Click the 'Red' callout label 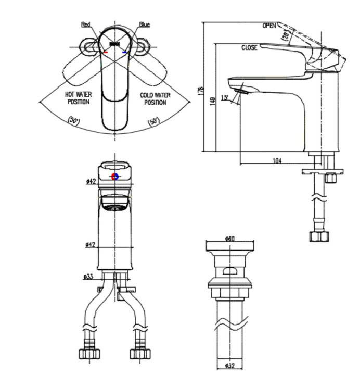click(x=85, y=24)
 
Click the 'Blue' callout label click(x=145, y=24)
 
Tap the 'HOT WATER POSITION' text click(x=79, y=98)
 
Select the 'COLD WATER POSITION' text click(x=155, y=99)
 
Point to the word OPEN click(x=269, y=26)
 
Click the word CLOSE click(x=249, y=48)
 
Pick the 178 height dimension click(x=201, y=91)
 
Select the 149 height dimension click(x=213, y=101)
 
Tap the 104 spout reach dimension click(x=277, y=161)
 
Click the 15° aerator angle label click(x=224, y=98)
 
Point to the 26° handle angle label click(x=286, y=35)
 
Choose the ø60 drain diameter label click(x=230, y=239)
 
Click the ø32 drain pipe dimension click(x=230, y=366)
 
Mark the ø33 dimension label click(x=88, y=277)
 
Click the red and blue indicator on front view click(x=115, y=177)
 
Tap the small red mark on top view click(x=106, y=52)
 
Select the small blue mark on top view click(x=124, y=52)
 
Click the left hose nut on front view click(x=89, y=354)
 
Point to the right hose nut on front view click(x=140, y=354)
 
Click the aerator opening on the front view click(x=114, y=208)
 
